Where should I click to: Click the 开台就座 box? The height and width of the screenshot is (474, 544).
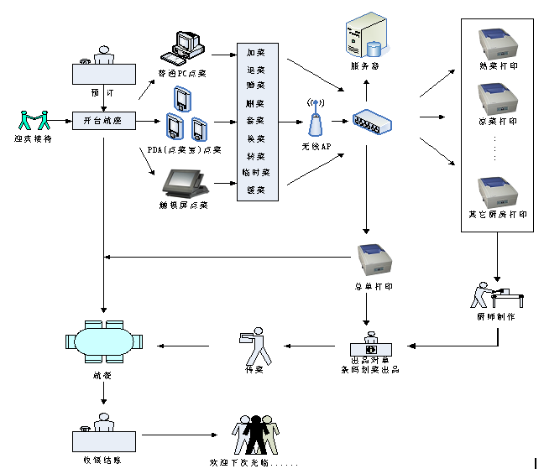pos(103,120)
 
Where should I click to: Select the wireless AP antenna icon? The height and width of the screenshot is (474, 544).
pos(315,119)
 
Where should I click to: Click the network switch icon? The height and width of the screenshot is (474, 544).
pos(371,122)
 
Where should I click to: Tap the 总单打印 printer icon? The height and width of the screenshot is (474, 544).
pos(374,260)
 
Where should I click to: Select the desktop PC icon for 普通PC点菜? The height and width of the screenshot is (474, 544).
pos(186,47)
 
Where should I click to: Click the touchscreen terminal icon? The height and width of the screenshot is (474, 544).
pos(182,183)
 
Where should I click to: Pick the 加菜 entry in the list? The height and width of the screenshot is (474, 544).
pos(256,52)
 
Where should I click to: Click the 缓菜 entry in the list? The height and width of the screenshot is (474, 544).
pos(256,190)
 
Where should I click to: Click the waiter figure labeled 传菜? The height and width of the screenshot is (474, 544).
pos(254,345)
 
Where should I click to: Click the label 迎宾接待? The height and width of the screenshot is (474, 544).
pos(34,138)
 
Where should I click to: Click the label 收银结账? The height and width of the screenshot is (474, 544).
pos(103,461)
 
